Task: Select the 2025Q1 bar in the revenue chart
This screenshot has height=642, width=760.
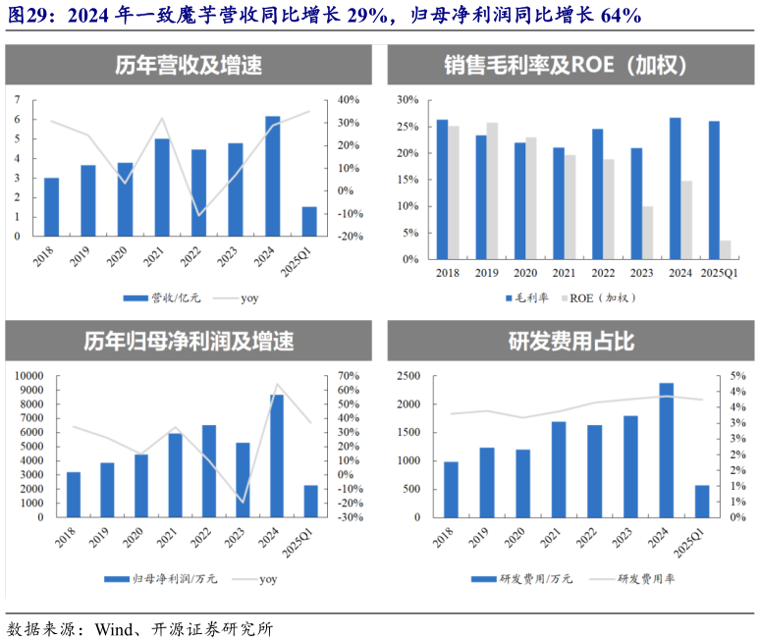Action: (x=309, y=222)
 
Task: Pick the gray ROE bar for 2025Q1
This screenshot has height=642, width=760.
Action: (x=725, y=250)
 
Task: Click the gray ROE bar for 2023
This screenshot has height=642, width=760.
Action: (x=648, y=234)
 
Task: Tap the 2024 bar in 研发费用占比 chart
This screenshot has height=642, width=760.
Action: (x=667, y=451)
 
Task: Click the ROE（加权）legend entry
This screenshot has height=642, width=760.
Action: (x=602, y=297)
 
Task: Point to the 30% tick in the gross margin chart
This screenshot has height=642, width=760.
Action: (x=407, y=99)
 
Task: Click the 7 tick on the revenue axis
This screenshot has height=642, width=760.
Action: (x=18, y=99)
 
